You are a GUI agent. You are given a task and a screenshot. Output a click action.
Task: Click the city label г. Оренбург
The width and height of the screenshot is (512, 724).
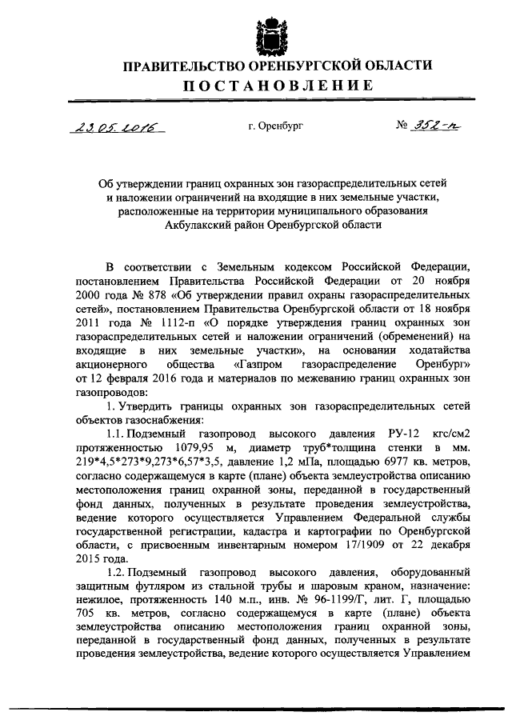click(276, 126)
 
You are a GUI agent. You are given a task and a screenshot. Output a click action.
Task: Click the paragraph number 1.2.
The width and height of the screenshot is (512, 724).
click(121, 573)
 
